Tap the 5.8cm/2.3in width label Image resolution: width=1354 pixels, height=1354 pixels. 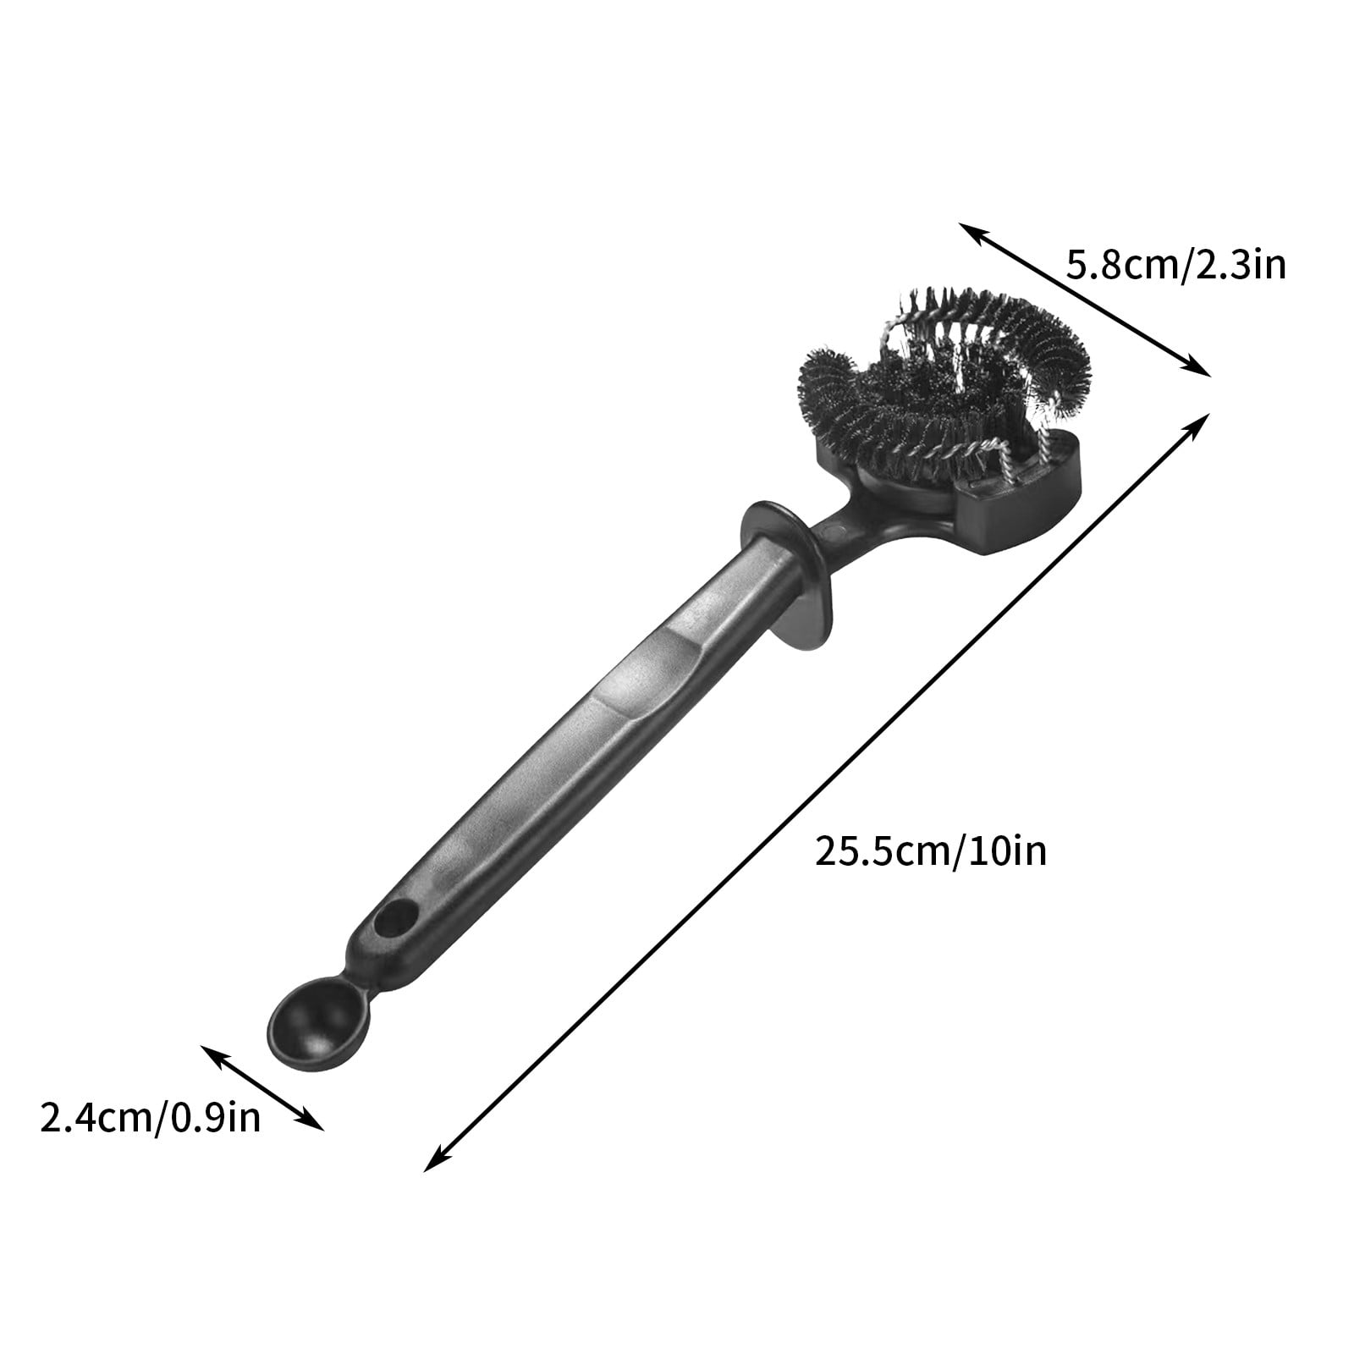pos(1175,266)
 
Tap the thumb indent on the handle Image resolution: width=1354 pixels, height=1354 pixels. pos(643,669)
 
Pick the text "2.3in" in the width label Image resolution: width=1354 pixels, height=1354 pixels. pos(1243,266)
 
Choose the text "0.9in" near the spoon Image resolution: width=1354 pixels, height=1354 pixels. pos(216,1118)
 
